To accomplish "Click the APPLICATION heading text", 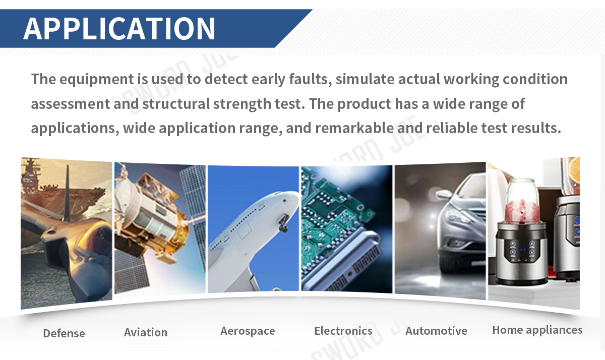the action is (119, 28).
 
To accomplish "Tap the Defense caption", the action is (64, 333).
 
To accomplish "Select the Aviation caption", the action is (146, 332).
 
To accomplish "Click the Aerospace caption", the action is (248, 331).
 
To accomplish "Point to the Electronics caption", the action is (343, 331).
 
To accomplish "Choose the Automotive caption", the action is (436, 331).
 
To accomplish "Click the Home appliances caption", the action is (537, 330).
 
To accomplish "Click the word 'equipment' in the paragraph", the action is (97, 80).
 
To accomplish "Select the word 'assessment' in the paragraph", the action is (71, 104).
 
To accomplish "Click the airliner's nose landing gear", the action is (283, 222).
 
